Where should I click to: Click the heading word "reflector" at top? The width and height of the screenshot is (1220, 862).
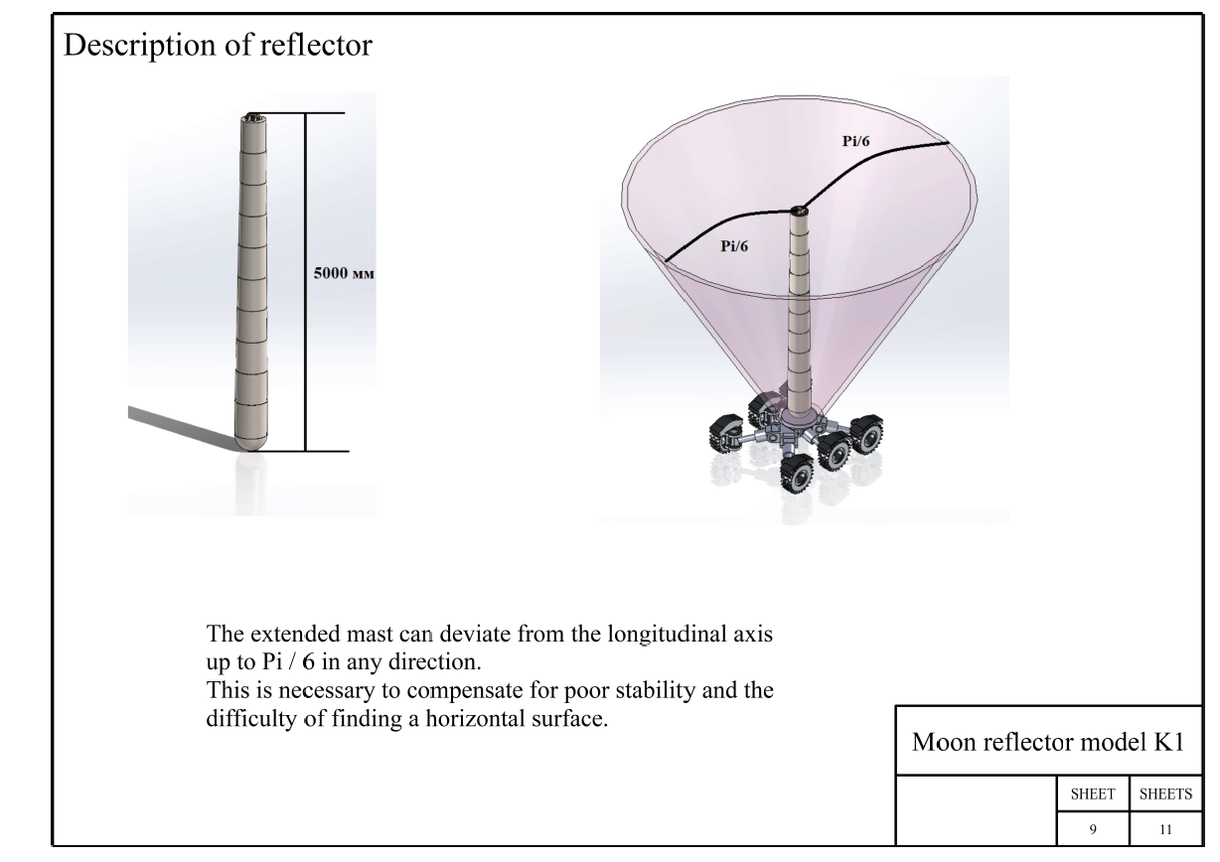(316, 45)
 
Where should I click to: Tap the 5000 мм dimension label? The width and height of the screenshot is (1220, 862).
(344, 273)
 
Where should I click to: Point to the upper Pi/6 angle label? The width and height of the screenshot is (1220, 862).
(855, 141)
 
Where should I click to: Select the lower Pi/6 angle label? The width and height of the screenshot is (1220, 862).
(734, 246)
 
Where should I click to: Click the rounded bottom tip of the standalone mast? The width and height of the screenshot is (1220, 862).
(251, 445)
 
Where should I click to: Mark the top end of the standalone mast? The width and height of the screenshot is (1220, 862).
(253, 116)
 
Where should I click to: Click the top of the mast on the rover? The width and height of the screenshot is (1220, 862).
(799, 211)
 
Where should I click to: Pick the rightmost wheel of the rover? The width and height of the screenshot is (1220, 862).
(867, 434)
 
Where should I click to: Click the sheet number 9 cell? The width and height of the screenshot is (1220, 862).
(1093, 830)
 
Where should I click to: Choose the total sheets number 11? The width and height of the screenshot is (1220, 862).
(1165, 830)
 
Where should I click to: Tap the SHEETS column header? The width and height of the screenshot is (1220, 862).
(1165, 793)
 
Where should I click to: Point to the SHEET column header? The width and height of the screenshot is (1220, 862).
(1093, 793)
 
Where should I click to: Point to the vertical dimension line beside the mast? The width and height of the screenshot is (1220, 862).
(306, 282)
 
